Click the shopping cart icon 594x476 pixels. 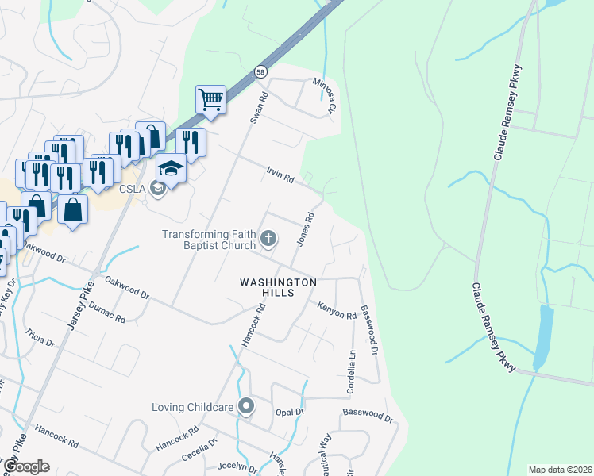(210, 100)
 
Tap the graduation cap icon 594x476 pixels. (170, 167)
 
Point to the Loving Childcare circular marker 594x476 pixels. (246, 407)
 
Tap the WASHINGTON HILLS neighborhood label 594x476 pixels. (280, 287)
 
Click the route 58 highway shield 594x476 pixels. (260, 72)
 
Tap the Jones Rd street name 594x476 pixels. (305, 228)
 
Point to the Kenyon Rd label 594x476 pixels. (337, 311)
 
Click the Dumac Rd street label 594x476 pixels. (107, 312)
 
